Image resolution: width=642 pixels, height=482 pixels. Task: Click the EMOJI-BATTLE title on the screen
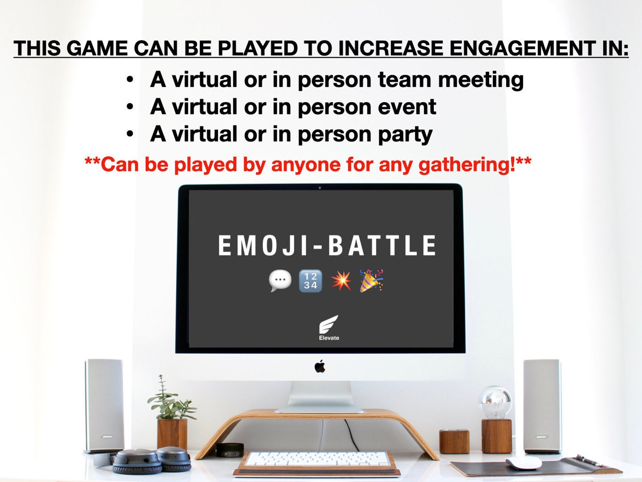(x=327, y=245)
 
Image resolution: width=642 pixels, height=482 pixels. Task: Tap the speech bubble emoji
(x=280, y=280)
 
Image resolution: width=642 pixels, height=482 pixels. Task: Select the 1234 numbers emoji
(x=310, y=280)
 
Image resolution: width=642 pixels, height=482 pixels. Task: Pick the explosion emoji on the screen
(x=341, y=280)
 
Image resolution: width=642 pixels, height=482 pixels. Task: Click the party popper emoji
(x=372, y=280)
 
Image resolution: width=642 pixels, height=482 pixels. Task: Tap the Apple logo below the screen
(x=320, y=367)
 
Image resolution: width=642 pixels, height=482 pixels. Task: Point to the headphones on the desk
(x=152, y=460)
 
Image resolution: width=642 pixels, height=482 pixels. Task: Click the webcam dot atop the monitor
(x=320, y=187)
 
